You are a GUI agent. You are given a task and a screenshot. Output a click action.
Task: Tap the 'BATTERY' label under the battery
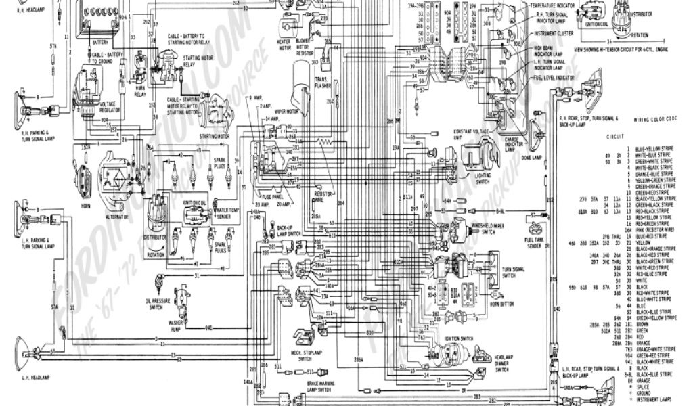tap(99, 41)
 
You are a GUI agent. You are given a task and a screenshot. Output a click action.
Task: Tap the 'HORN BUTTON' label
tap(501, 305)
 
